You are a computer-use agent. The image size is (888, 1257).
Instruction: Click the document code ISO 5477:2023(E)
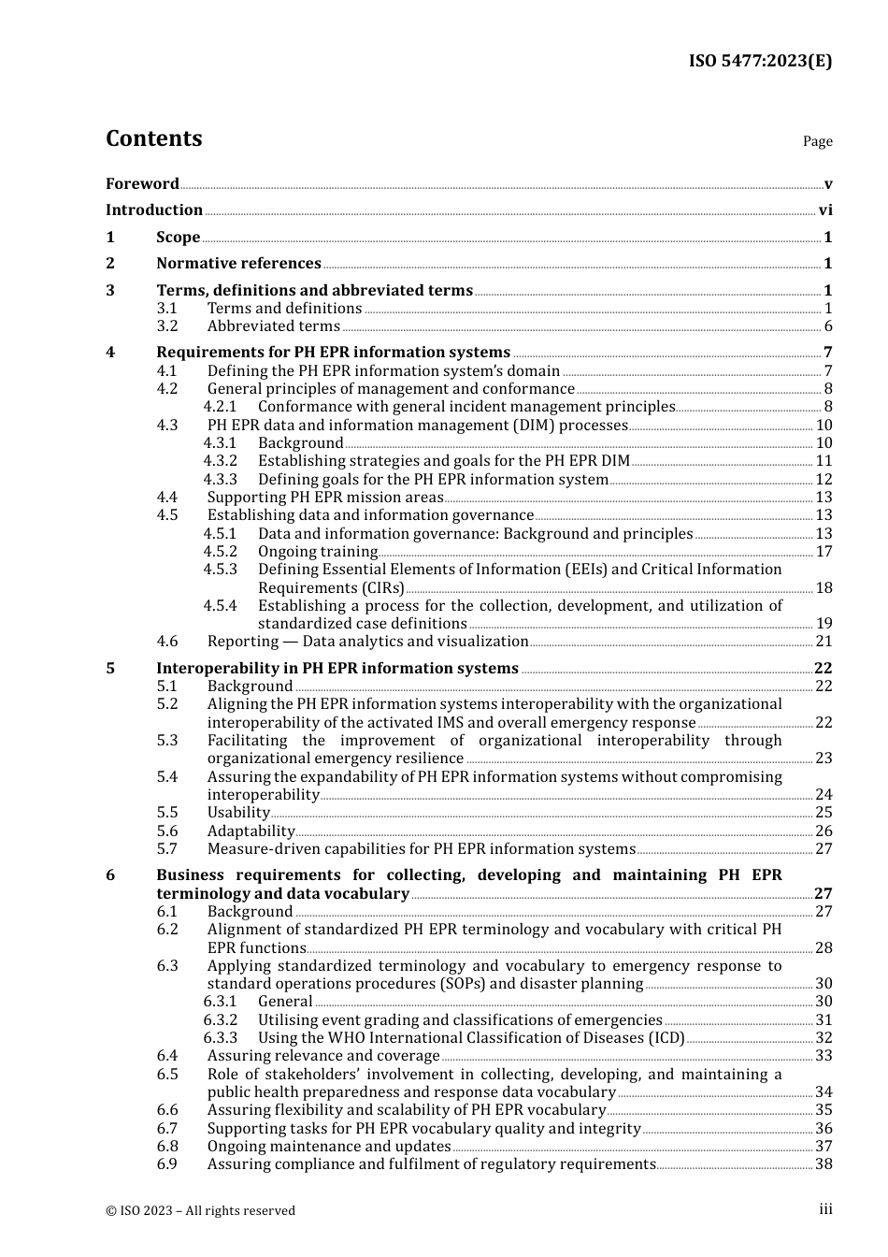coord(760,61)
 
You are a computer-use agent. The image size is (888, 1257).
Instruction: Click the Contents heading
coord(153,138)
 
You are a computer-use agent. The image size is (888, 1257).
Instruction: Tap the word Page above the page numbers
coord(817,141)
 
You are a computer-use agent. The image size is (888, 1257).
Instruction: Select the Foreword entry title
coord(142,183)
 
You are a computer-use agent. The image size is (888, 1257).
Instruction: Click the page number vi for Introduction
coord(825,210)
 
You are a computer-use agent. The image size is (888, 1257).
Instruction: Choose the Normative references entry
coord(238,264)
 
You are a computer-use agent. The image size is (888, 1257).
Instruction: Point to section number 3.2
coord(167,326)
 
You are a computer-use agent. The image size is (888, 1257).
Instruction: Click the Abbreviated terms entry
coord(273,326)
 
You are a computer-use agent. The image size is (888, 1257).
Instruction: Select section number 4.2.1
coord(221,407)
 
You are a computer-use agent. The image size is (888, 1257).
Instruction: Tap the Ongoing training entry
coord(317,552)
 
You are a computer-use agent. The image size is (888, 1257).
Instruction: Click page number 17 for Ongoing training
coord(824,552)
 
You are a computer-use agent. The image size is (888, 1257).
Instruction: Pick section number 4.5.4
coord(221,606)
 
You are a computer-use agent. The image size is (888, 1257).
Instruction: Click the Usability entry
coord(238,813)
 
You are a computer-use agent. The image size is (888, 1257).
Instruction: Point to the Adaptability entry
coord(251,831)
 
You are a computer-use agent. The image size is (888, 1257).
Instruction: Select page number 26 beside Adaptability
coord(824,831)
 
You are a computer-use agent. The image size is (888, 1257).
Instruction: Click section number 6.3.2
coord(221,1020)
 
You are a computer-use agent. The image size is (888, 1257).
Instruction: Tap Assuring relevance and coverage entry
coord(322,1056)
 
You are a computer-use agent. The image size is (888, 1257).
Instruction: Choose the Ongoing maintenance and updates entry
coord(329,1147)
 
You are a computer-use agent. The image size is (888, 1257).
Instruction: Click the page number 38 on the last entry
coord(824,1164)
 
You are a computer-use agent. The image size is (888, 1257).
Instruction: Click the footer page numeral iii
coord(825,1209)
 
